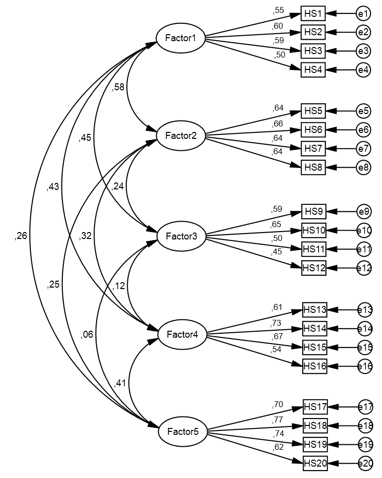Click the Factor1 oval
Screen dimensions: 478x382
pos(180,38)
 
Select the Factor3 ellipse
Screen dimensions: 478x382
pos(181,236)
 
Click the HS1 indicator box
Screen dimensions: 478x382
pos(313,14)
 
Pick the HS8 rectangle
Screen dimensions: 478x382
pos(313,167)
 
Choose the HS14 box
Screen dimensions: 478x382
pos(315,328)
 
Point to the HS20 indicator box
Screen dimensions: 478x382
pos(315,463)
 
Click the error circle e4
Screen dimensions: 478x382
pos(363,70)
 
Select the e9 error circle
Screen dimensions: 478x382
pos(364,212)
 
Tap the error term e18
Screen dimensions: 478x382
pos(365,425)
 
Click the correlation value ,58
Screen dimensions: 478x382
pos(118,87)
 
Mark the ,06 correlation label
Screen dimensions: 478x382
pos(87,334)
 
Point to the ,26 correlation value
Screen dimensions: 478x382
pos(21,236)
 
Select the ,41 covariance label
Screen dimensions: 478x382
pos(120,383)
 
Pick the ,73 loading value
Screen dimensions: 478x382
pos(276,323)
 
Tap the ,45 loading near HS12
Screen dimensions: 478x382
pos(276,253)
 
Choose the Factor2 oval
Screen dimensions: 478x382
pos(180,135)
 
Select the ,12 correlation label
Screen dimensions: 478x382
pos(118,286)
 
